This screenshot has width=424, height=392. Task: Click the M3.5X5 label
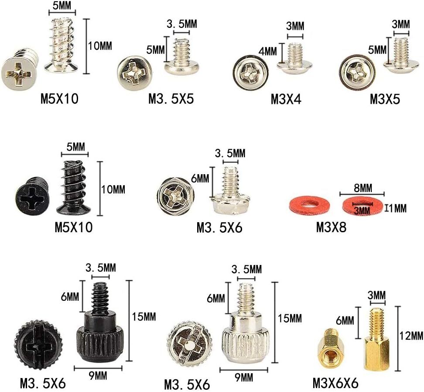coord(171,99)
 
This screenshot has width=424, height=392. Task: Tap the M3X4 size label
coord(286,99)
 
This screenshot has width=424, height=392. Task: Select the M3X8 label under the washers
coord(331,227)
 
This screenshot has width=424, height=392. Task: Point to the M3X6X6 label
coord(335,383)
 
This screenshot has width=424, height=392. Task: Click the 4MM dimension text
coord(268,51)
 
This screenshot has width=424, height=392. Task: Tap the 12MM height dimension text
coord(411,336)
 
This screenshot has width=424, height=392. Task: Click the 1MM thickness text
coord(396,208)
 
